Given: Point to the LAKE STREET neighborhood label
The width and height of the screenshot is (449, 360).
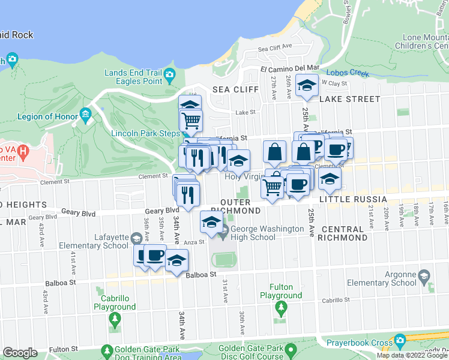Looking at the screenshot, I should click(350, 99).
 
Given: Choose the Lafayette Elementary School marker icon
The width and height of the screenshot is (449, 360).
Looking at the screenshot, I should click(136, 239).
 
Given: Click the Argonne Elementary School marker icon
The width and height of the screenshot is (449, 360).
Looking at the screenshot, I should click(424, 277).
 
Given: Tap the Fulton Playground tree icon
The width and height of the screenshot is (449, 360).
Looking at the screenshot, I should click(281, 308).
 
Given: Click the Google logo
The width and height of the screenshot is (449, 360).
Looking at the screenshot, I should click(20, 352).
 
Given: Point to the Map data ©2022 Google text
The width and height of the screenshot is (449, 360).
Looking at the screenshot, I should click(412, 355).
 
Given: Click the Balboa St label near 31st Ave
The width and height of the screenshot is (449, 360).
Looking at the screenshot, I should click(200, 274).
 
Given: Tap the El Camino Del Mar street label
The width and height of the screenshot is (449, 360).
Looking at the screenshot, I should click(289, 68).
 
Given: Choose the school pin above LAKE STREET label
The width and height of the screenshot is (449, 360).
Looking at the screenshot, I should click(307, 85).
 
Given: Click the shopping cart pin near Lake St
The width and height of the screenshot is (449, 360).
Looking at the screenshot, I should click(191, 120).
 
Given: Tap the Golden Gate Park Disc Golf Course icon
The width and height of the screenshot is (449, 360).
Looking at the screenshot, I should click(291, 350).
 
